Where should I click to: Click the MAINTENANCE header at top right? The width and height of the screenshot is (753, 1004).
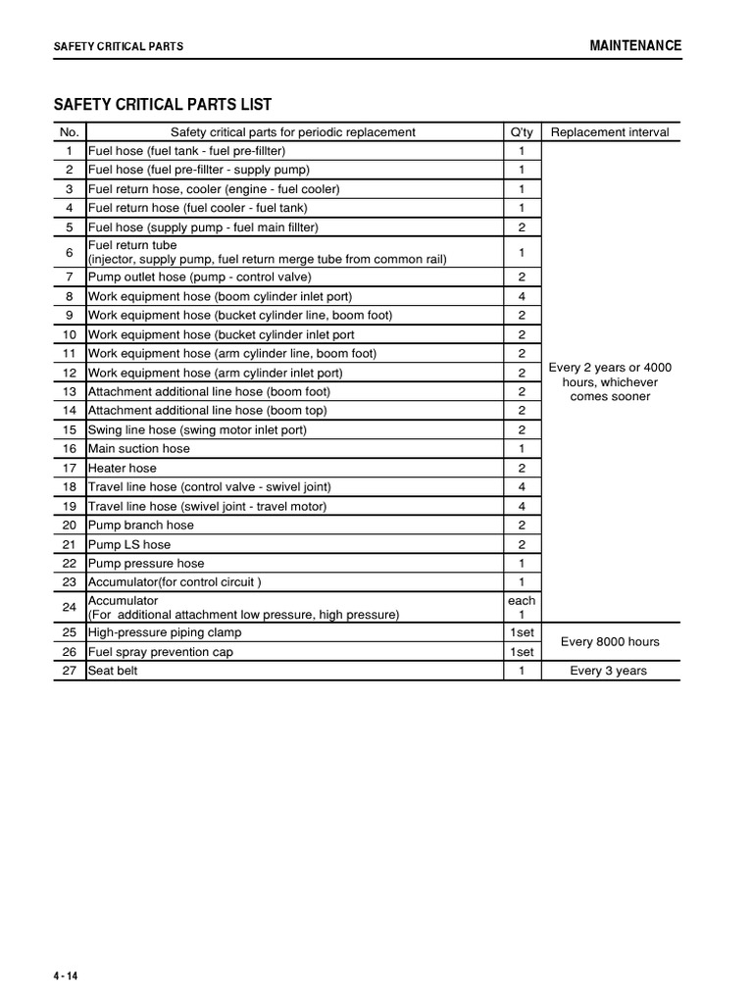(x=634, y=46)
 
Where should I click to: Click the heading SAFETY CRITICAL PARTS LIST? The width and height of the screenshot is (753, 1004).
(x=162, y=105)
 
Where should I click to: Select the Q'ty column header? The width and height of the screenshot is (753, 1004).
(x=522, y=132)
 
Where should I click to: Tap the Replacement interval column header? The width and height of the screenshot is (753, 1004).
(x=610, y=132)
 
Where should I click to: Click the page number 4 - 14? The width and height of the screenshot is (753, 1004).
(x=66, y=978)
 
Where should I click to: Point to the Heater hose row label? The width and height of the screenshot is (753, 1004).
(x=123, y=469)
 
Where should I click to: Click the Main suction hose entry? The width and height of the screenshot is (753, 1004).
(x=139, y=449)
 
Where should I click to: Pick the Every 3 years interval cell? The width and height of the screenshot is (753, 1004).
(x=609, y=672)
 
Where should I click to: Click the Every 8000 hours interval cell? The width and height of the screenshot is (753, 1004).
(x=610, y=642)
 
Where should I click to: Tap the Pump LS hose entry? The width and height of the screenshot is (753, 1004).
(x=129, y=545)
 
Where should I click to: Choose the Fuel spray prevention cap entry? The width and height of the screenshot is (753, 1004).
(x=161, y=652)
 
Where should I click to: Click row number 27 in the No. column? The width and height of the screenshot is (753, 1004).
(x=69, y=672)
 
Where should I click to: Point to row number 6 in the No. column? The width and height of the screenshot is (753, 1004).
(x=69, y=252)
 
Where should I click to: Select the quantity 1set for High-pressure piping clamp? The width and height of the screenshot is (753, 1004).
(x=522, y=633)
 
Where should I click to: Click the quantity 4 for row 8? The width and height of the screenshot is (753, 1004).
(x=522, y=296)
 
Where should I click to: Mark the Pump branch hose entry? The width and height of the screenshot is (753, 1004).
(x=141, y=526)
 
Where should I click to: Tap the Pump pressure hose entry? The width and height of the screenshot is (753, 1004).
(x=146, y=564)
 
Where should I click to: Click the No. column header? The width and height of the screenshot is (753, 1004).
(x=69, y=132)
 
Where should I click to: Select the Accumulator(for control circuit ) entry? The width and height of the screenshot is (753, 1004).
(x=175, y=582)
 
